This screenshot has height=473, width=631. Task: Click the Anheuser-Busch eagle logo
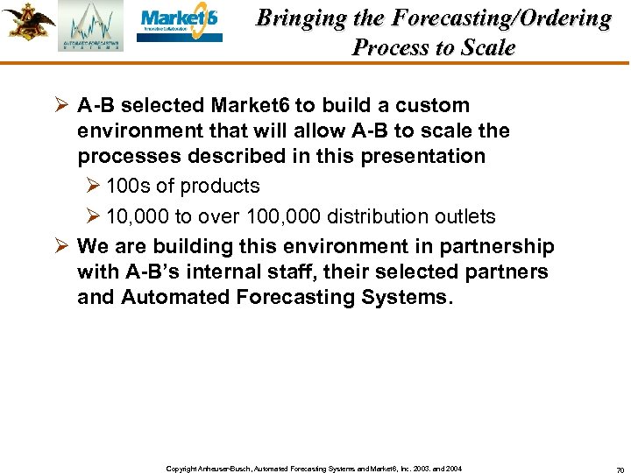pyautogui.click(x=27, y=22)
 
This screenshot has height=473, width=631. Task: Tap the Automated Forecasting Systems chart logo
pyautogui.click(x=91, y=26)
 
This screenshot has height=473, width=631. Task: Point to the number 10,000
pyautogui.click(x=136, y=216)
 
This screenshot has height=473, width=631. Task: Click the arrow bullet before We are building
pyautogui.click(x=62, y=246)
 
